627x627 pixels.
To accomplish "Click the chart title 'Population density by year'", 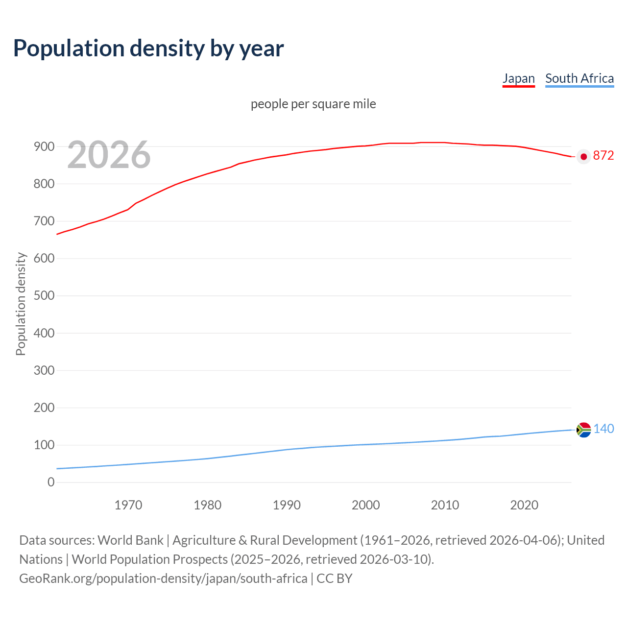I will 148,48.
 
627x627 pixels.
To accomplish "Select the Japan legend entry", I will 518,78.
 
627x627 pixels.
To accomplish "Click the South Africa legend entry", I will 579,78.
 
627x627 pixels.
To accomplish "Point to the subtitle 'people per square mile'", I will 313,104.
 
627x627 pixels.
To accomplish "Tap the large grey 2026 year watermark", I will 109,155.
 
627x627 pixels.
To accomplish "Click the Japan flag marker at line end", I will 583,156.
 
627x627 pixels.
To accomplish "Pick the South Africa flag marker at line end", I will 583,430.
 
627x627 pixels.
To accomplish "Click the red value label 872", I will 603,156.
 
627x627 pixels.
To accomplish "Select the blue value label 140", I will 603,429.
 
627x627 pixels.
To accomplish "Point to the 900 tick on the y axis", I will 44,146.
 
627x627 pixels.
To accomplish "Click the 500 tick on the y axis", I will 44,296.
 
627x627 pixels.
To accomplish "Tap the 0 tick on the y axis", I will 51,482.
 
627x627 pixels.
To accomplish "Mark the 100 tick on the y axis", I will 44,445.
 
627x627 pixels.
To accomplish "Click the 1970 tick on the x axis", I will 128,505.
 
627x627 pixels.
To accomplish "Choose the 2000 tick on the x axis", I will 366,505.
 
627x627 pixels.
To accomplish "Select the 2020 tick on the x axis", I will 524,505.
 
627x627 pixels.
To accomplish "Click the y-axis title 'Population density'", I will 21,304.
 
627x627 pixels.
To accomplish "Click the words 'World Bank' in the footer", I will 130,540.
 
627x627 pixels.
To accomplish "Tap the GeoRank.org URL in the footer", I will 163,579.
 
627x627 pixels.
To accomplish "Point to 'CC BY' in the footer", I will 335,579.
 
